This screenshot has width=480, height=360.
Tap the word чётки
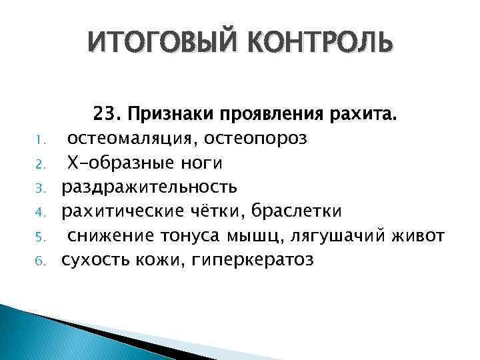coord(224,211)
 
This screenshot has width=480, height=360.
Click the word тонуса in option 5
coord(195,235)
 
